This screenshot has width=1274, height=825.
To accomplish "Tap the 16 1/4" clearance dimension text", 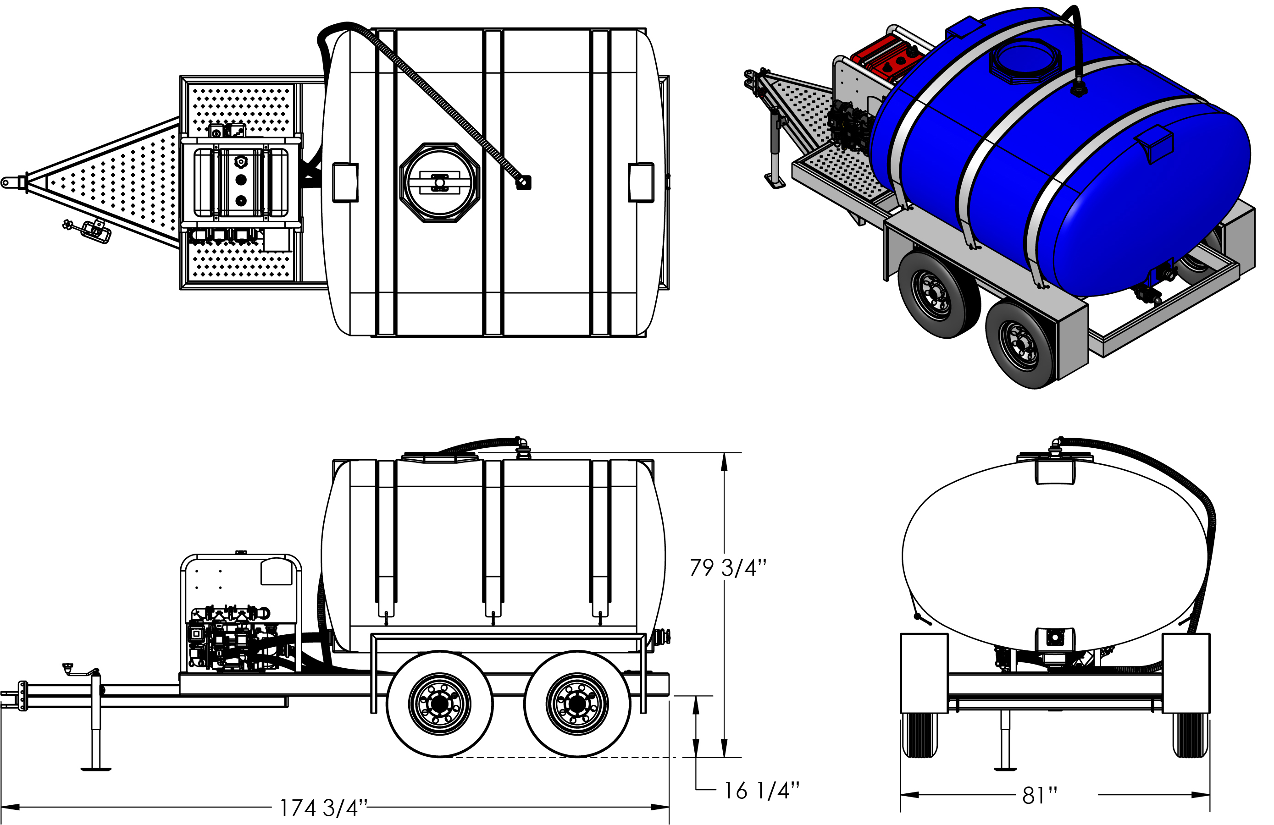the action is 762,790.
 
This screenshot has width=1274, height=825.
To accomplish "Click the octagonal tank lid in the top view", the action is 439,182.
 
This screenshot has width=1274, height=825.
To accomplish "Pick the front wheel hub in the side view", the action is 439,704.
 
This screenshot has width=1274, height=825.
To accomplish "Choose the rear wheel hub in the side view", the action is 577,704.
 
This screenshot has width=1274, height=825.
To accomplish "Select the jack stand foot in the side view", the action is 96,769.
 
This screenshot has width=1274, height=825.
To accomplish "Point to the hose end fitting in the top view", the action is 524,183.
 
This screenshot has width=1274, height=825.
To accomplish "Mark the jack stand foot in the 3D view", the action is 774,181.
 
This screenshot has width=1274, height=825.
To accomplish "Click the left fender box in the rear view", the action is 924,673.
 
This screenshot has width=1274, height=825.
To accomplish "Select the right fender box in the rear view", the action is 1185,673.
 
